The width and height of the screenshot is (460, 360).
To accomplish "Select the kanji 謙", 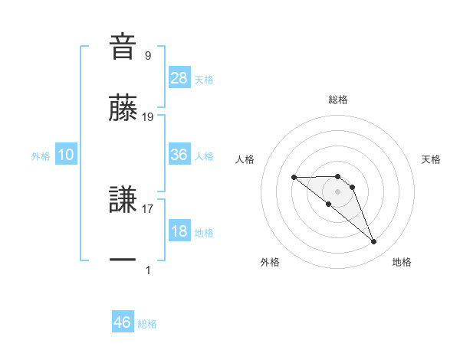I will pyautogui.click(x=123, y=200).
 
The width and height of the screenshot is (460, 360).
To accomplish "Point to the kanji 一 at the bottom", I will pyautogui.click(x=123, y=260).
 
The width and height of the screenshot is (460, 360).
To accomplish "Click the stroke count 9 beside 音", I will pyautogui.click(x=148, y=56).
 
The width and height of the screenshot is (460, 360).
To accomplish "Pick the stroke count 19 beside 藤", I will pyautogui.click(x=149, y=117).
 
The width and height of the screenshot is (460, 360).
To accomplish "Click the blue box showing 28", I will pyautogui.click(x=179, y=78).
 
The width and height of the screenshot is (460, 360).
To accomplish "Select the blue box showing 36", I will pyautogui.click(x=179, y=155).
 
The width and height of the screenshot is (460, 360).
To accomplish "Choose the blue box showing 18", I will pyautogui.click(x=179, y=231).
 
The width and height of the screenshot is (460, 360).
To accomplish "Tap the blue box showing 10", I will pyautogui.click(x=66, y=155).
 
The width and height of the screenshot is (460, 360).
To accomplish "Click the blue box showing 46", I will pyautogui.click(x=123, y=322).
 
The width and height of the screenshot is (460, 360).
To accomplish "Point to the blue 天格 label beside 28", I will pyautogui.click(x=204, y=79).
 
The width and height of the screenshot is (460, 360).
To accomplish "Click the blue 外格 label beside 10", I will pyautogui.click(x=41, y=155).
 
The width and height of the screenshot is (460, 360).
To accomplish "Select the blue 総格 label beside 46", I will pyautogui.click(x=147, y=323).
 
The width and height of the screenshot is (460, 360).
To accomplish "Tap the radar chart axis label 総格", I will pyautogui.click(x=338, y=100).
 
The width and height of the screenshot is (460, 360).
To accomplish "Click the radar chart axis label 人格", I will pyautogui.click(x=245, y=159).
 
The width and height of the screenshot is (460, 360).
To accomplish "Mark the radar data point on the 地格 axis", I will pyautogui.click(x=374, y=242).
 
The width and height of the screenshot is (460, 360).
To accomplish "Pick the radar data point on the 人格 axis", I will pyautogui.click(x=294, y=178).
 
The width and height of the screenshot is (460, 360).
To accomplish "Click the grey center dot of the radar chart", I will pyautogui.click(x=338, y=191).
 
